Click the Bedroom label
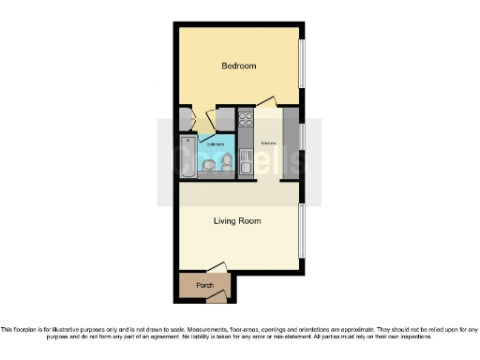(238, 67)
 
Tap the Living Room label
(237, 221)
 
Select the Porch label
(204, 285)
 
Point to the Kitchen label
(268, 143)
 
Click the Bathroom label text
(215, 145)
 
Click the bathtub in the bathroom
(188, 157)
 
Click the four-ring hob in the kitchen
(247, 119)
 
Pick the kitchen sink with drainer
(247, 166)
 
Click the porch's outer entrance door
(217, 297)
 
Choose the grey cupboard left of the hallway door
(185, 120)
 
